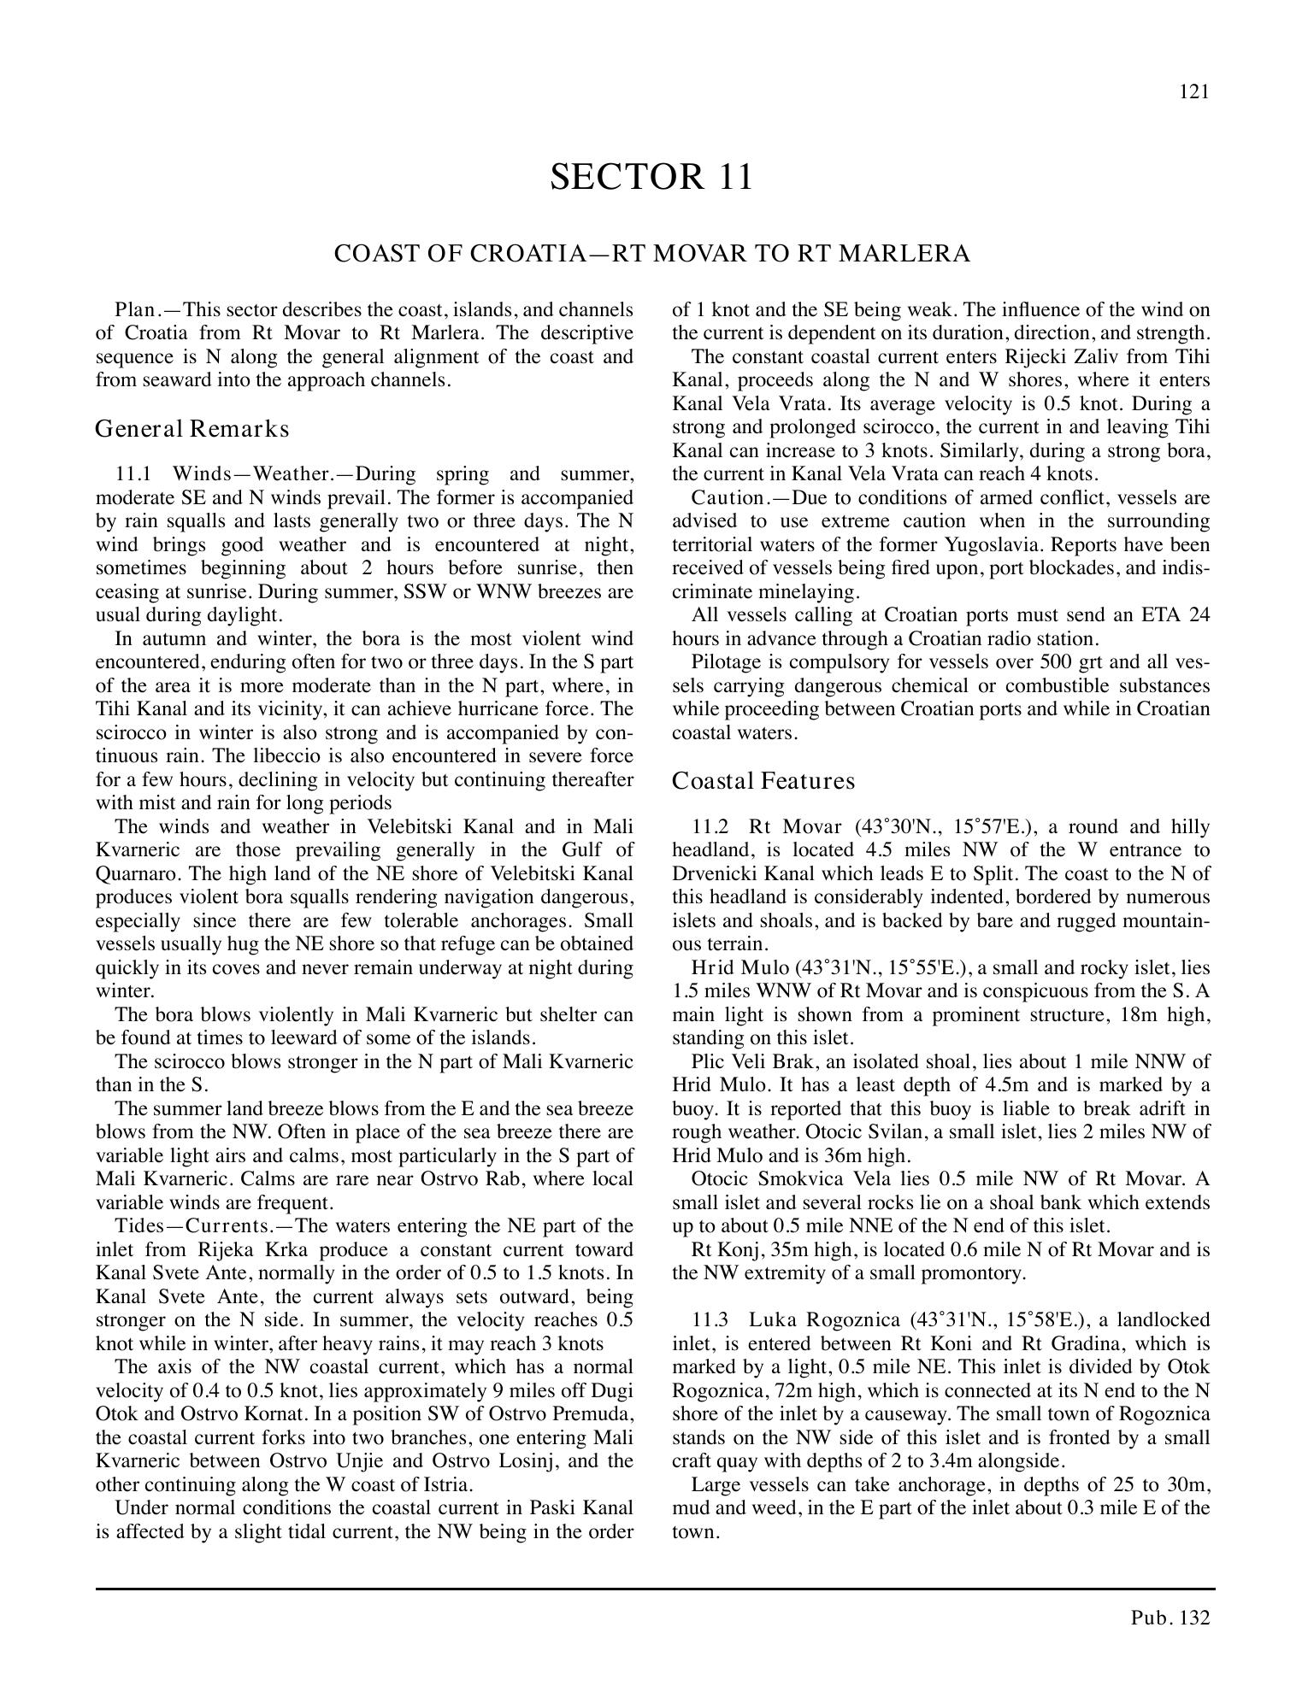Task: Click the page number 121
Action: point(1194,92)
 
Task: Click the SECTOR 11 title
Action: point(651,177)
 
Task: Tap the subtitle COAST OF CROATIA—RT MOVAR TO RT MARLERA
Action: point(651,254)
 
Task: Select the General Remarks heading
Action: point(192,428)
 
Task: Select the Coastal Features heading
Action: point(763,781)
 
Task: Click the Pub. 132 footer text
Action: point(1170,1617)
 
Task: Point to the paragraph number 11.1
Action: point(133,474)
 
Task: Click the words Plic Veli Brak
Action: point(743,1062)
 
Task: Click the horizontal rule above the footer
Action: point(654,1589)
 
